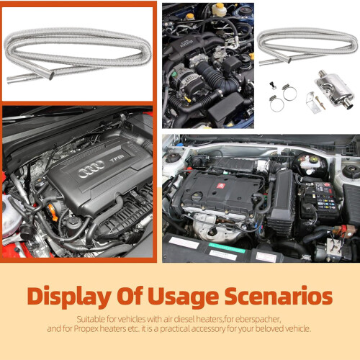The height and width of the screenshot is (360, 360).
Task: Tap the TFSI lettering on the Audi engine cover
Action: pos(117,158)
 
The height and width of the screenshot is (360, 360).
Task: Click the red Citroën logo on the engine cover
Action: pos(220,186)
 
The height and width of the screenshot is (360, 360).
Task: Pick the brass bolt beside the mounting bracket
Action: pos(320,102)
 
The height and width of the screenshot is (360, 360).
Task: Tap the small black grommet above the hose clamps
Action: pos(273,85)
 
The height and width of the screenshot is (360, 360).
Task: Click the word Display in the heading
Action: pos(70,297)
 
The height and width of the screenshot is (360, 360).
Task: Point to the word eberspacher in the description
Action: pos(258,320)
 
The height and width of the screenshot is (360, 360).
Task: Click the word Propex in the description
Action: pos(86,328)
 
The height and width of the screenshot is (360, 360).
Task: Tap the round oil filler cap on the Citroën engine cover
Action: pos(197,197)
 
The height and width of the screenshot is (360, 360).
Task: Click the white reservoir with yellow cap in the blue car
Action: pos(219,9)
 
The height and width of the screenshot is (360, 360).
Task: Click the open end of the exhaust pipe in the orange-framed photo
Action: pos(51,76)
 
